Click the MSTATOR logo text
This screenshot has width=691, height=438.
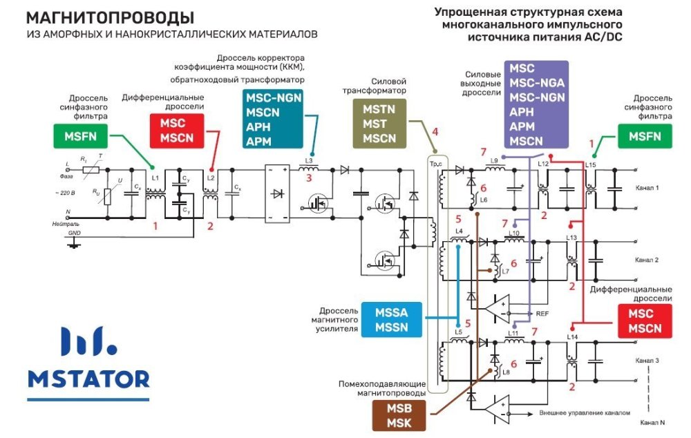[88, 379]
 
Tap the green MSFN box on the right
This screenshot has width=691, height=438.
[644, 136]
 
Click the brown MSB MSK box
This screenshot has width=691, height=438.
[399, 415]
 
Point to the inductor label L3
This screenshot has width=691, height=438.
[309, 161]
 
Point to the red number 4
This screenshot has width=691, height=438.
[435, 132]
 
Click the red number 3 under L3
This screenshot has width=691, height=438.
[309, 178]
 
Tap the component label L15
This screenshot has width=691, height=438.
[590, 164]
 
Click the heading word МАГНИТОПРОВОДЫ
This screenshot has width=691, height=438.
[110, 17]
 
